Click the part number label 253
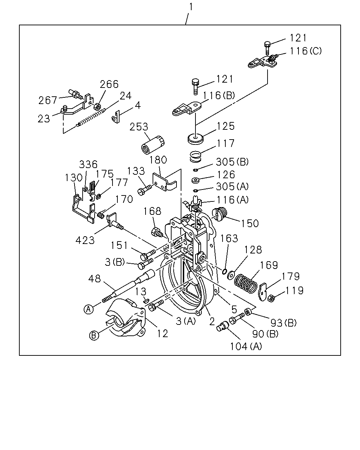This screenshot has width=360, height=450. coord(139,127)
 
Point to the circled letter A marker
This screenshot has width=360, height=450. coord(89,309)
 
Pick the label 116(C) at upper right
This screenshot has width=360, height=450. coord(306,51)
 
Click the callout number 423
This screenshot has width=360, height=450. coord(85,240)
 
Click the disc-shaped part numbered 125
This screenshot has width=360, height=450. coord(195,139)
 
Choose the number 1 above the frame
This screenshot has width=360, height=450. coord(191,7)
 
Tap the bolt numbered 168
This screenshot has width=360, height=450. coord(156,232)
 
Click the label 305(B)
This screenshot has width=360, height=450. coord(232,162)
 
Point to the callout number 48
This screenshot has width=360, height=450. coord(95,279)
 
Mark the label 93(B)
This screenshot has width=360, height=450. coord(283,323)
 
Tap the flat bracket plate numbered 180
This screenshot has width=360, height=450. coord(165,182)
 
